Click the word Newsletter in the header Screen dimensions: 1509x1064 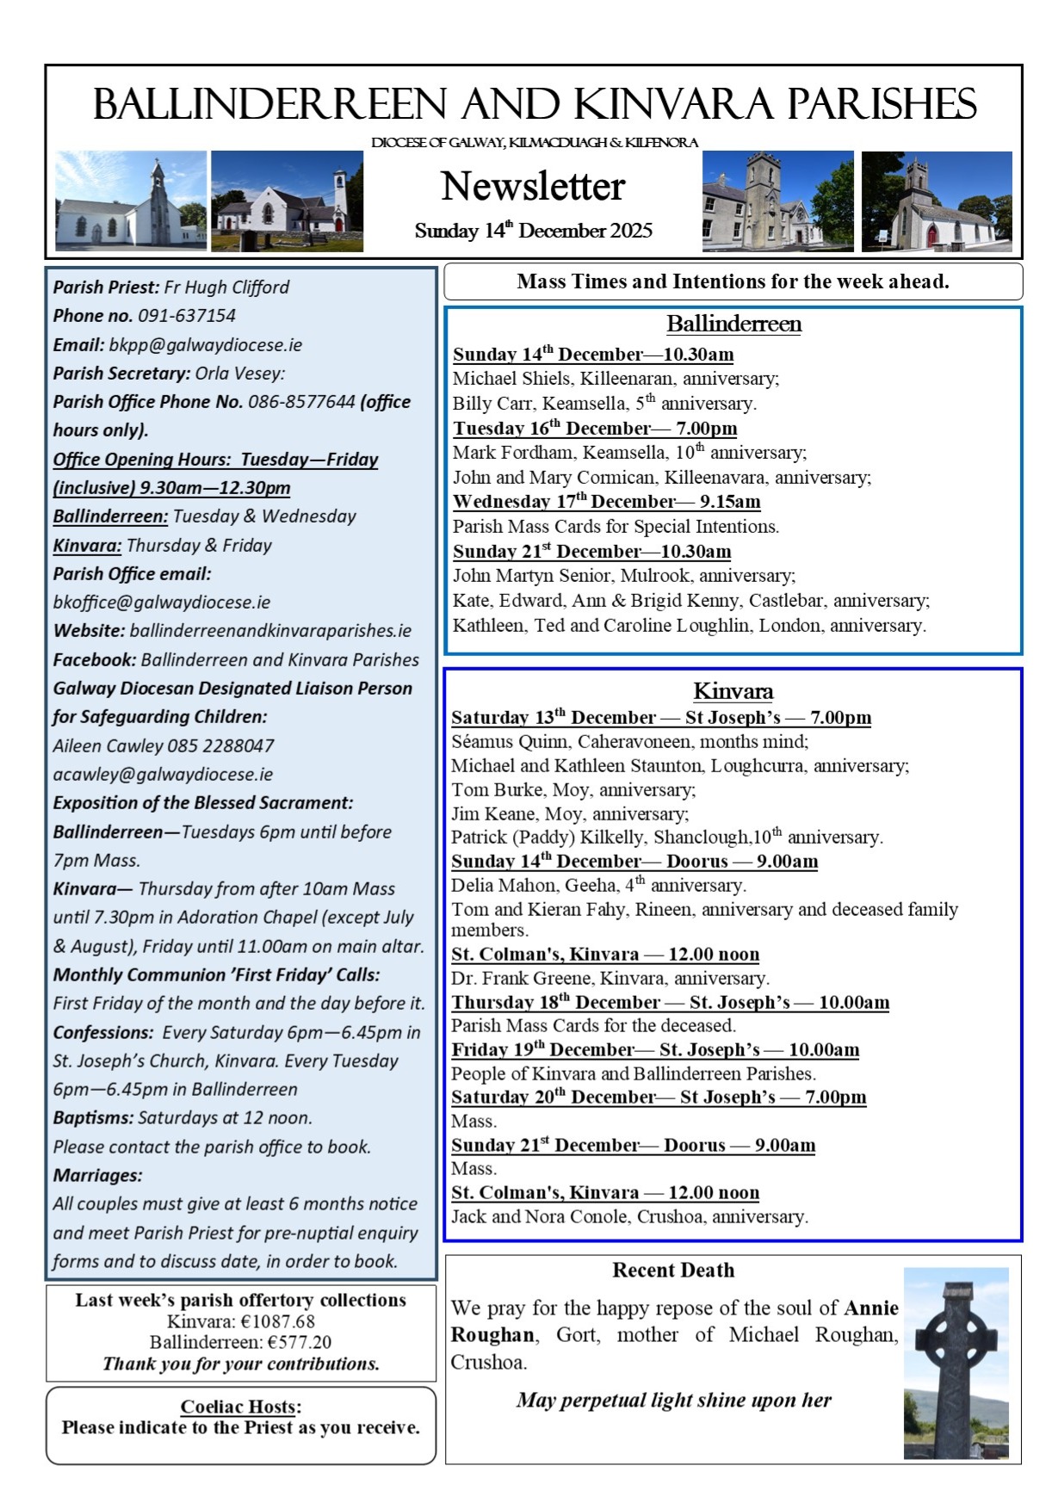pos(533,186)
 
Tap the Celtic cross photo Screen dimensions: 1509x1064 pos(956,1363)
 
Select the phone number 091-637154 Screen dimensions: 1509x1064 pos(187,316)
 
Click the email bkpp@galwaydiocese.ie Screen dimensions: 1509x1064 pos(206,345)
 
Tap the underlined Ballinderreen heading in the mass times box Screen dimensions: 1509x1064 pos(733,324)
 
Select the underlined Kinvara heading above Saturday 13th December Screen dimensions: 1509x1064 pos(733,691)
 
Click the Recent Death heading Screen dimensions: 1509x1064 pos(673,1271)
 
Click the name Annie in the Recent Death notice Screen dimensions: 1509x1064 pos(871,1308)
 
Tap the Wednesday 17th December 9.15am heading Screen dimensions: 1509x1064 pos(606,502)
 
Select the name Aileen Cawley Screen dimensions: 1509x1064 pos(108,746)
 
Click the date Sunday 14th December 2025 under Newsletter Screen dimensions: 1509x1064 pos(533,231)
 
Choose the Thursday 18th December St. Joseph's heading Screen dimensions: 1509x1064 pos(670,1003)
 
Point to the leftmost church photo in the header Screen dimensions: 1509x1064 pos(131,201)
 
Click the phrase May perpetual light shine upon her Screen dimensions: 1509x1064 pos(673,1401)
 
